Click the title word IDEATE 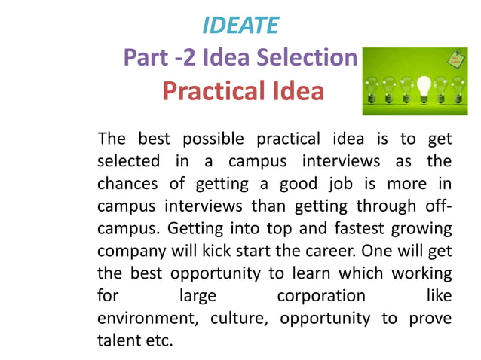click(x=240, y=26)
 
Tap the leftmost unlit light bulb click(x=372, y=86)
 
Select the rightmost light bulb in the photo click(x=458, y=87)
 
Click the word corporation click(x=321, y=294)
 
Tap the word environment click(x=143, y=318)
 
